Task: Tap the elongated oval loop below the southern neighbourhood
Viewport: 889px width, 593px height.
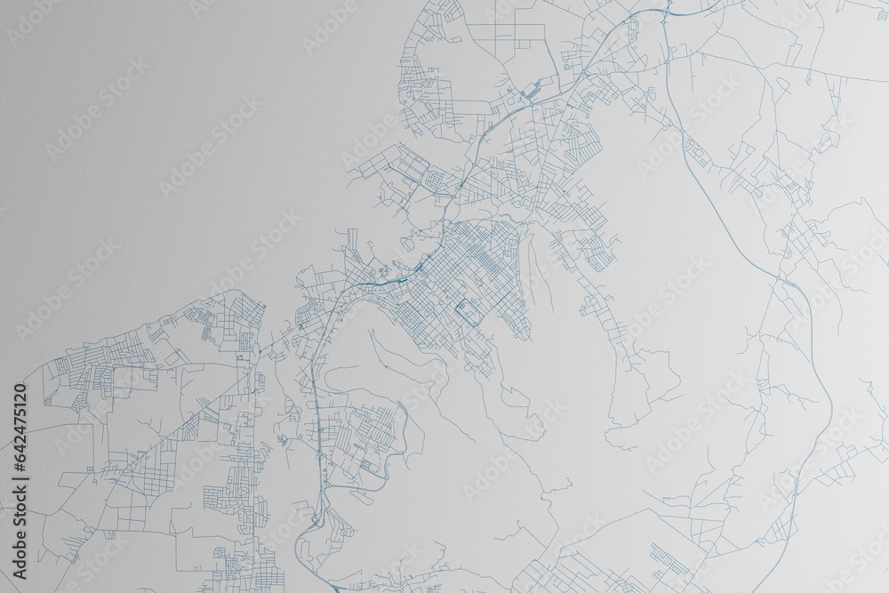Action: point(373,471)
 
